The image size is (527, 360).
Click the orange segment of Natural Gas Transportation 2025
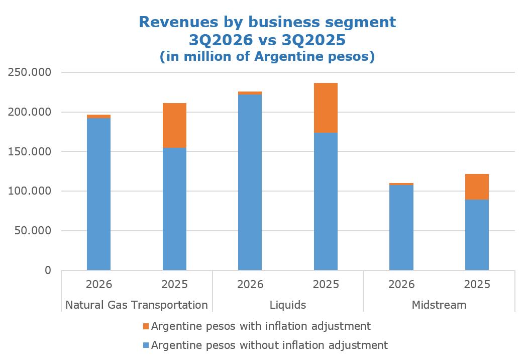174,126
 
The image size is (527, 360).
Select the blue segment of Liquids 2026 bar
250,183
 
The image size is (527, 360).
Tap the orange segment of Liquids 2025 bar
326,108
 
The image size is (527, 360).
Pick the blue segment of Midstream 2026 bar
401,227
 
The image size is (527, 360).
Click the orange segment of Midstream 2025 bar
477,187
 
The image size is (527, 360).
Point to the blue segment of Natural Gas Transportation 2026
98,194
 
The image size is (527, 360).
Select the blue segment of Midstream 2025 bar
477,235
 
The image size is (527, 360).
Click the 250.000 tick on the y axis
30,72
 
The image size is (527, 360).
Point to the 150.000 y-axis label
30,151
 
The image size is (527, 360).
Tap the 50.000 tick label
33,231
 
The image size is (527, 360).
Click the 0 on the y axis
48,270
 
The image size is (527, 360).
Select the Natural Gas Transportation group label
137,305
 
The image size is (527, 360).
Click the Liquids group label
288,305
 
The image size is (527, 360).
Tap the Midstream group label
439,305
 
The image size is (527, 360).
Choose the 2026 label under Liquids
250,284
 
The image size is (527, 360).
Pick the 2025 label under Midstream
477,284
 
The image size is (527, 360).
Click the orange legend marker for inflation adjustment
146,326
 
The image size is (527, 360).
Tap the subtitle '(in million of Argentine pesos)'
267,56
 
